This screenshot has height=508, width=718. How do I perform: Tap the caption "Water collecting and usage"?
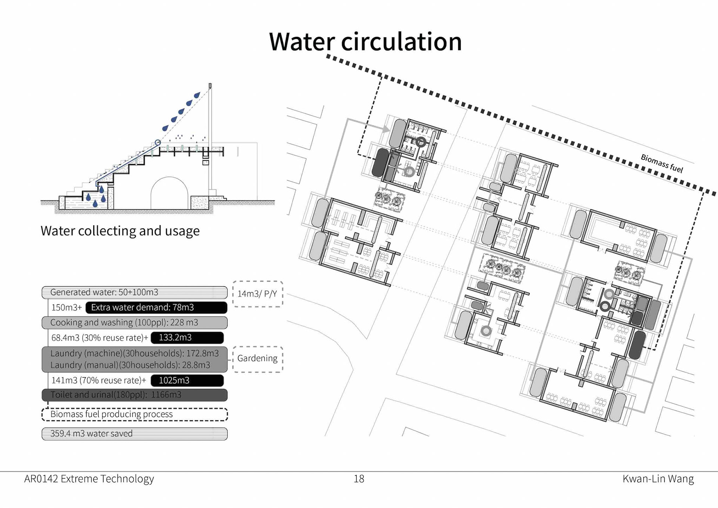[x=120, y=231]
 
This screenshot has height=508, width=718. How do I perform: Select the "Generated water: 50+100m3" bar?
[x=134, y=292]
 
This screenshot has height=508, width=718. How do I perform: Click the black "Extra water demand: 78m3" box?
[x=156, y=307]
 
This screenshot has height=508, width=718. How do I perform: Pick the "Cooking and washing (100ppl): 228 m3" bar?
[x=134, y=322]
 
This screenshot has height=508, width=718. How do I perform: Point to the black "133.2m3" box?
[x=187, y=337]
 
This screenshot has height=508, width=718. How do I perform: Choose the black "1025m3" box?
[x=187, y=380]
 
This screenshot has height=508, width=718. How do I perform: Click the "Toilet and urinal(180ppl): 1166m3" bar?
[x=134, y=395]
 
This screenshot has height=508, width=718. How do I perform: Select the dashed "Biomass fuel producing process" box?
[x=134, y=414]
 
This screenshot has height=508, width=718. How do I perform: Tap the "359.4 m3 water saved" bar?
[x=134, y=434]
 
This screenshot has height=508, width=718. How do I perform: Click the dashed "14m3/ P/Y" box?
[x=257, y=294]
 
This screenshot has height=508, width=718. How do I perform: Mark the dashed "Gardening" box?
[x=257, y=358]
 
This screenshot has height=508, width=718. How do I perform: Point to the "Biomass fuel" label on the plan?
[x=662, y=164]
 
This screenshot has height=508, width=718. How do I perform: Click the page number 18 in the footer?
[x=359, y=479]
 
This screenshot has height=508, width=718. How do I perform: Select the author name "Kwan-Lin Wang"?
[x=658, y=479]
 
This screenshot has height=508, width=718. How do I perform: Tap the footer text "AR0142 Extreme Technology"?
[x=89, y=479]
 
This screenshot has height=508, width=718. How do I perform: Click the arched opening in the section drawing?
[x=169, y=195]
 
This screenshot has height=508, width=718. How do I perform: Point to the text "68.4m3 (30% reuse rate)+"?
[x=99, y=338]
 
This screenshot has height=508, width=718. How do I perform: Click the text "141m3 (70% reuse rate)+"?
[x=98, y=380]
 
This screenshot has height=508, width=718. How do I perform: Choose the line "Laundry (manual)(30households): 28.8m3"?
[x=130, y=365]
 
